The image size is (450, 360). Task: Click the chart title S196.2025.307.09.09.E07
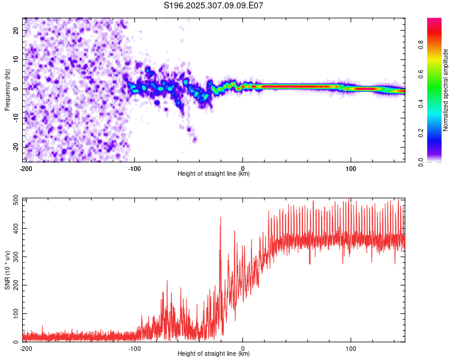214,6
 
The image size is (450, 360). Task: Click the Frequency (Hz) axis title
7,89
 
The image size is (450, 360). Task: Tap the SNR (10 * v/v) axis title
7,270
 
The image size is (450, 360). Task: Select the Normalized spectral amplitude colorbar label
446,89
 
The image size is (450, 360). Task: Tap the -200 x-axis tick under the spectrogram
25,168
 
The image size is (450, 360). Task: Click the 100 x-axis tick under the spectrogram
351,168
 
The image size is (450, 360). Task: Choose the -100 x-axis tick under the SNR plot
134,348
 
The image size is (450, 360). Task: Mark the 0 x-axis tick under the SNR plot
243,348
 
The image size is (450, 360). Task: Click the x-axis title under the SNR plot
214,354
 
